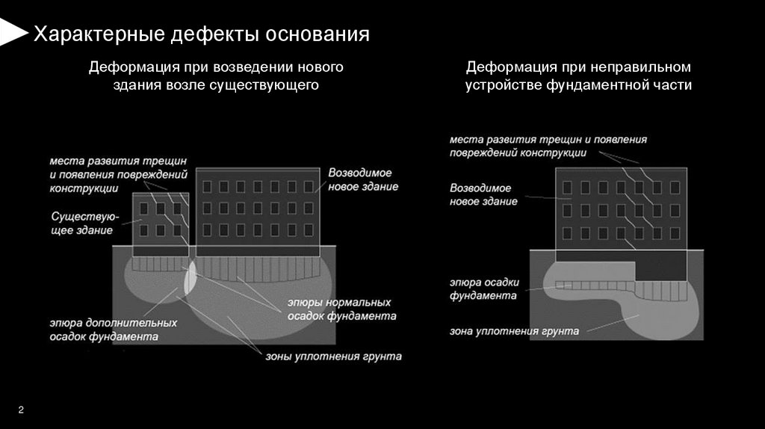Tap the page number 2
(20, 409)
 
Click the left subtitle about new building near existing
(216, 76)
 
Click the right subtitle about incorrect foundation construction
(578, 76)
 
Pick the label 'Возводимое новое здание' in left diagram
(363, 179)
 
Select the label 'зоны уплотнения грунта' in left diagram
(333, 357)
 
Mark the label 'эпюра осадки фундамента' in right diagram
(484, 289)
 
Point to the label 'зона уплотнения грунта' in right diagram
(515, 330)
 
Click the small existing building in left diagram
(161, 221)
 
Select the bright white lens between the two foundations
(191, 277)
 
